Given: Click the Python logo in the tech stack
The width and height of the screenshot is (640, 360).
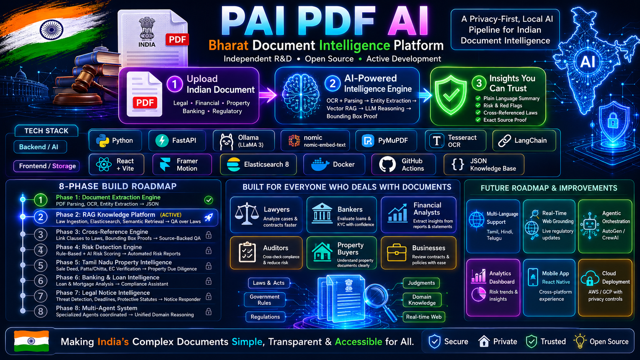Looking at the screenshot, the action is [102, 140].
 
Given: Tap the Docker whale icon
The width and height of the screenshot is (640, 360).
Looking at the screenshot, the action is [320, 165].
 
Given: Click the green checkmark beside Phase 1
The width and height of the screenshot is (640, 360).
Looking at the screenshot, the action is [209, 200].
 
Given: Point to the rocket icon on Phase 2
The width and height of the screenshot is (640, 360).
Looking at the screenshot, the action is [209, 218].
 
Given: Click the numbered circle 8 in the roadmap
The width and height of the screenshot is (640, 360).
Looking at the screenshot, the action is [41, 311].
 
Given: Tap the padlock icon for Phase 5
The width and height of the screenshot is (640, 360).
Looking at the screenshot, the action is [209, 266].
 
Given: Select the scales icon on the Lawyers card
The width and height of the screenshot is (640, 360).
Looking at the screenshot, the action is [247, 214].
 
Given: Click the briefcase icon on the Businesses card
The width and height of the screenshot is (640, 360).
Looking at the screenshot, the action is [397, 252].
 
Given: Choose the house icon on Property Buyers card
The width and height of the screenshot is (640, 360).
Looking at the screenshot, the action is [322, 251].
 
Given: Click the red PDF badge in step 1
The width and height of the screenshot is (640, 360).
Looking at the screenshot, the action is [145, 103].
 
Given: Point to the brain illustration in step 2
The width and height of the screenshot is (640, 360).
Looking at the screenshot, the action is [300, 95].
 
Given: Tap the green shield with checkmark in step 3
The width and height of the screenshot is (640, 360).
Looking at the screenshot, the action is [451, 95].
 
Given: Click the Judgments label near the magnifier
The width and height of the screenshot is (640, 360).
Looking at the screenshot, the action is [421, 283].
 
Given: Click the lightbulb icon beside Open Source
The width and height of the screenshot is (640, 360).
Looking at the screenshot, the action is [580, 341].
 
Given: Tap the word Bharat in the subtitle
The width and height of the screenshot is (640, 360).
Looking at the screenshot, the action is [228, 46].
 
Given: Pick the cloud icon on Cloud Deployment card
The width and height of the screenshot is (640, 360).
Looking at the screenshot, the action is [590, 279].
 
